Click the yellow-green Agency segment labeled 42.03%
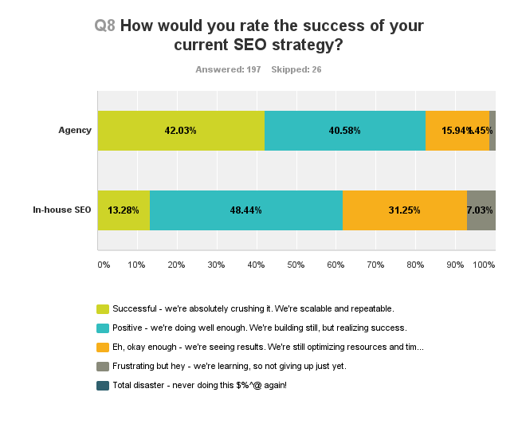pyautogui.click(x=181, y=131)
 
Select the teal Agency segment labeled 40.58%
pyautogui.click(x=344, y=131)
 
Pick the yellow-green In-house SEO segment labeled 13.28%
pyautogui.click(x=124, y=210)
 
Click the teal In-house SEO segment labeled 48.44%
pyautogui.click(x=245, y=210)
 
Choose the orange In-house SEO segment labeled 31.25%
pyautogui.click(x=404, y=210)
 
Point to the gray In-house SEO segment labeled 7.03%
pyautogui.click(x=481, y=210)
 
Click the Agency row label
pyautogui.click(x=75, y=131)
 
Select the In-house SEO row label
pyautogui.click(x=62, y=210)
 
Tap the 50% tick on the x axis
pyautogui.click(x=296, y=264)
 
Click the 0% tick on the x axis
pyautogui.click(x=103, y=264)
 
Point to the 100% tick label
pyautogui.click(x=484, y=264)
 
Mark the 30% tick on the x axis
pyautogui.click(x=216, y=264)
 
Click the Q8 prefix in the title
pyautogui.click(x=105, y=26)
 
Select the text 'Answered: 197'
pyautogui.click(x=228, y=69)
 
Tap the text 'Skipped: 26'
pyautogui.click(x=296, y=69)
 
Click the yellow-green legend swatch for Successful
pyautogui.click(x=103, y=308)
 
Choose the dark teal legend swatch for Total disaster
pyautogui.click(x=103, y=385)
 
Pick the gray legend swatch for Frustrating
pyautogui.click(x=103, y=366)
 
